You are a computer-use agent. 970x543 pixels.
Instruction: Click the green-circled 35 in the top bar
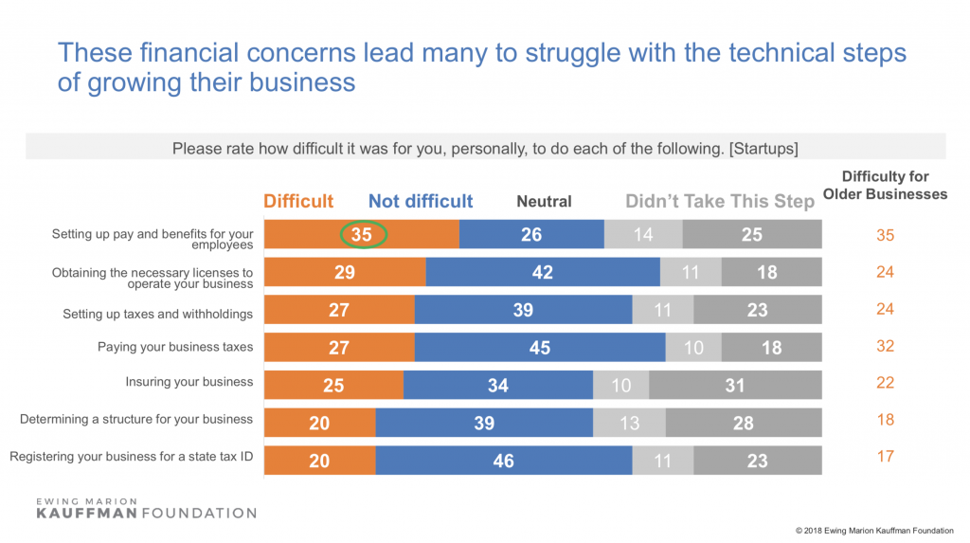(x=361, y=235)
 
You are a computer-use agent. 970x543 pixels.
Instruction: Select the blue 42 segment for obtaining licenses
(x=543, y=273)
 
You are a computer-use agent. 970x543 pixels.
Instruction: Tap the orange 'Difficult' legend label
(x=298, y=201)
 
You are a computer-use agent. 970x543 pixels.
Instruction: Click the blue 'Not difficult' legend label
(x=421, y=201)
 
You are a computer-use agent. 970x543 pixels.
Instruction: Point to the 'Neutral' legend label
(x=544, y=201)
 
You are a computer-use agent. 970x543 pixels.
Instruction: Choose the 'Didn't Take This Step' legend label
(x=719, y=201)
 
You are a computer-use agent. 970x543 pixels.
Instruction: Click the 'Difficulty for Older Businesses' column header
(x=885, y=185)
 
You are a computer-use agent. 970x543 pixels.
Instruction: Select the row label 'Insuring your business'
(x=189, y=382)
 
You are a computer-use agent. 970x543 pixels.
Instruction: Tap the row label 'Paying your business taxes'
(x=175, y=347)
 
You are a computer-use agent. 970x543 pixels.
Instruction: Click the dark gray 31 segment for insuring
(x=735, y=385)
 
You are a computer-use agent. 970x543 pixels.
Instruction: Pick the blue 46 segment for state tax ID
(x=504, y=461)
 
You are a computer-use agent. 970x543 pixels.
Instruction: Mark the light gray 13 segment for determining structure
(x=629, y=423)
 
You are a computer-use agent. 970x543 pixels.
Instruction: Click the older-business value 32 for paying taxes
(x=885, y=346)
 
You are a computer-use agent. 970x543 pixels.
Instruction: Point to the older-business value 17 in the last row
(x=885, y=457)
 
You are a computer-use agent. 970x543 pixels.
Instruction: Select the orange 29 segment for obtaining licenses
(x=345, y=273)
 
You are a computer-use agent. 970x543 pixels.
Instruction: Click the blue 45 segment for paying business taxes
(x=540, y=348)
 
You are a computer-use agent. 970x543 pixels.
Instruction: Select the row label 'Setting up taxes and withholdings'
(x=158, y=314)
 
